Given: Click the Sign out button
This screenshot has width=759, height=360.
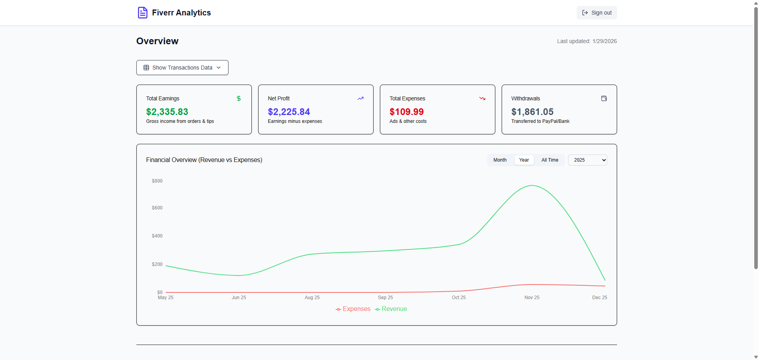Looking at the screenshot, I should click(597, 13).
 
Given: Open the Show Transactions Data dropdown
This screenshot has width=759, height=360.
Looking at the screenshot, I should click(182, 68).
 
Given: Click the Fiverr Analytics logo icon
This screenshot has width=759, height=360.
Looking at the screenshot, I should click(142, 13).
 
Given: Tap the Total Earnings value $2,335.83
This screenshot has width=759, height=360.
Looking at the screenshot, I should click(167, 112).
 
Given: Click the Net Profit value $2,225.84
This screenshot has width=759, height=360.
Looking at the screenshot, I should click(289, 112).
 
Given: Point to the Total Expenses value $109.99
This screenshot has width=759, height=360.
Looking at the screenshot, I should click(406, 112).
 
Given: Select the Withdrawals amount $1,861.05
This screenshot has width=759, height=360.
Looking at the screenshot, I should click(532, 112).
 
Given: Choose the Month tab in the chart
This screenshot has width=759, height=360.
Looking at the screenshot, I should click(500, 160).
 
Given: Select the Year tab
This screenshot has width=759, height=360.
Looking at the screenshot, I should click(524, 160).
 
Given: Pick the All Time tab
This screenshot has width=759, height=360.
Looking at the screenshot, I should click(549, 160).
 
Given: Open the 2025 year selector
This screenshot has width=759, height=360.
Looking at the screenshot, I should click(587, 160).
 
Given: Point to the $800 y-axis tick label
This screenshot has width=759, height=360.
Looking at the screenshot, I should click(157, 181).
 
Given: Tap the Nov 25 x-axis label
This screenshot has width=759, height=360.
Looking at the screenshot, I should click(532, 298).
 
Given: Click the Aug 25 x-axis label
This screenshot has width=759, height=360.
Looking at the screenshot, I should click(312, 298).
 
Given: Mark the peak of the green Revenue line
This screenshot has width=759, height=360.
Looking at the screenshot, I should click(532, 185).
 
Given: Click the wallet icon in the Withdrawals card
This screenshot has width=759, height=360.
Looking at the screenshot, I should click(604, 98).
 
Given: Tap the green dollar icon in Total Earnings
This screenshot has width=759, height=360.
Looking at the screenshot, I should click(238, 98).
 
